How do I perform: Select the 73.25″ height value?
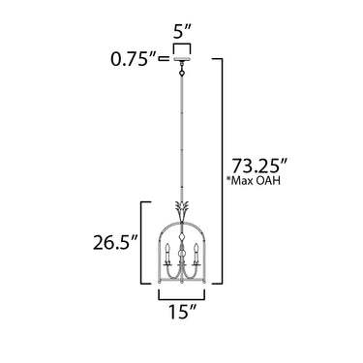point(259,166)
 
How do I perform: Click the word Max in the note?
point(242,181)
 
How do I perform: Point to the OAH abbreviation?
point(268,181)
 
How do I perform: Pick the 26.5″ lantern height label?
point(115,243)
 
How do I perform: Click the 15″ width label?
point(182,312)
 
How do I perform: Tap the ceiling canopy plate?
point(182,60)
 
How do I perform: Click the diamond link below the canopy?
point(182,74)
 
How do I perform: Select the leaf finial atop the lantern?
point(182,210)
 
